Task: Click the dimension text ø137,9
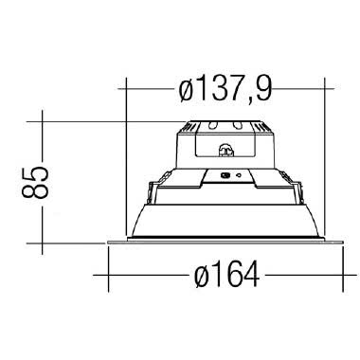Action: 225,91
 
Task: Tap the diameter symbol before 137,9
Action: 188,91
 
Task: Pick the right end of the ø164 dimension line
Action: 342,277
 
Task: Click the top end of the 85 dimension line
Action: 42,121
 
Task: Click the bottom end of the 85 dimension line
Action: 42,241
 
